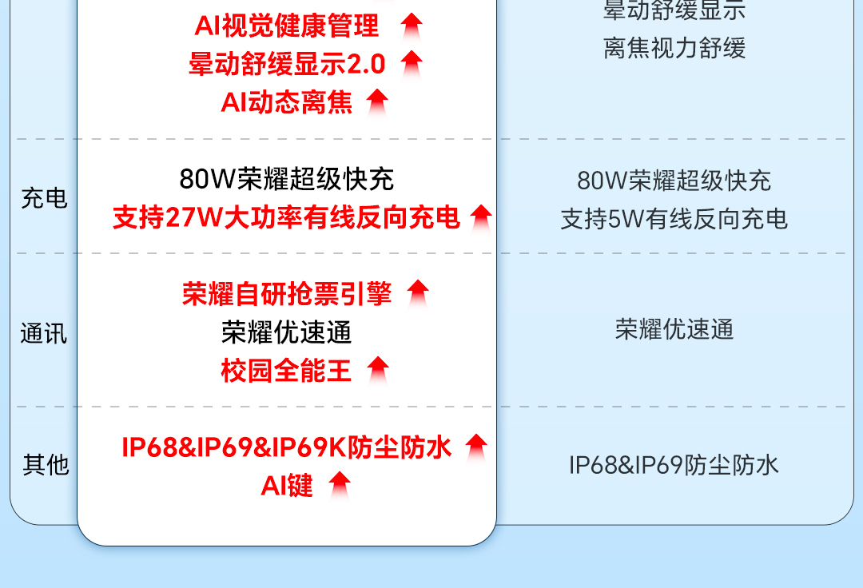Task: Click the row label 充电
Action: [x=44, y=198]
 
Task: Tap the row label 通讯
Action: [x=44, y=333]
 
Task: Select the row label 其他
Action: [x=46, y=464]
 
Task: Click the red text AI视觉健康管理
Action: [x=287, y=26]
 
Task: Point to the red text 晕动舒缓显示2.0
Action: [x=287, y=64]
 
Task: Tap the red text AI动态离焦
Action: [x=287, y=102]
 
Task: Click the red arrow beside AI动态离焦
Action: [x=377, y=102]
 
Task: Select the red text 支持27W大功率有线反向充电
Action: [x=287, y=217]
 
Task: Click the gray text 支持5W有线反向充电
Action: [x=674, y=218]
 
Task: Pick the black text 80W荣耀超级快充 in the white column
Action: [x=287, y=179]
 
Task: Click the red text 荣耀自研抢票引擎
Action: [x=287, y=294]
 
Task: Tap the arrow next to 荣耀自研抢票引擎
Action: [x=418, y=293]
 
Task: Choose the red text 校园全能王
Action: [x=287, y=371]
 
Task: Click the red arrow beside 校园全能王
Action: [x=378, y=370]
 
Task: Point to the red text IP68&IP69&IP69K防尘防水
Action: [x=287, y=447]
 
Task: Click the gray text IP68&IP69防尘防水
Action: [x=674, y=465]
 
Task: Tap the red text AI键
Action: [x=287, y=485]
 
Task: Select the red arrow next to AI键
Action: [x=340, y=484]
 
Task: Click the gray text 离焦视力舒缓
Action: [x=674, y=48]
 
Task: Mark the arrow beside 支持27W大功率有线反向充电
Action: [x=481, y=217]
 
